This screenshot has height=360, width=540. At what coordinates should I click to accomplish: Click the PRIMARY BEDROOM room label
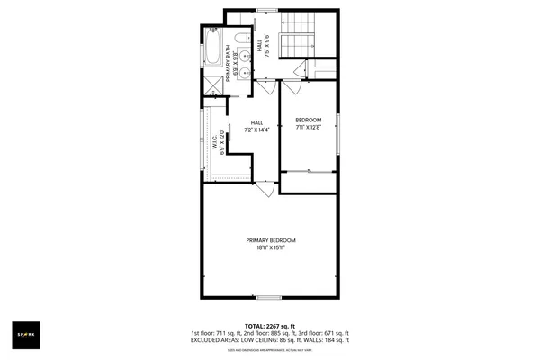pos(271,240)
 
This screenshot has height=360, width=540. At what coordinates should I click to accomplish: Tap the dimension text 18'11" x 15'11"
pos(271,248)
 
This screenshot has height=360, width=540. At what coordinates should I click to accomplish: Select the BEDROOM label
pos(308,120)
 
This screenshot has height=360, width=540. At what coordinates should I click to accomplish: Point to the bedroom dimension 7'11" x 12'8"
pos(308,128)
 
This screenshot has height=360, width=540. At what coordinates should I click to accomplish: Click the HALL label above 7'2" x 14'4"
pos(256,123)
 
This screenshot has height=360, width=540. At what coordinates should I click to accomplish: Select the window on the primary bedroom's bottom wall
pos(269,297)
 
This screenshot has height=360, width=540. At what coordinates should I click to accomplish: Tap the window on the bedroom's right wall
pos(338,132)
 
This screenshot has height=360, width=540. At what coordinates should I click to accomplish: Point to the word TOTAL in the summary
pos(255,326)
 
